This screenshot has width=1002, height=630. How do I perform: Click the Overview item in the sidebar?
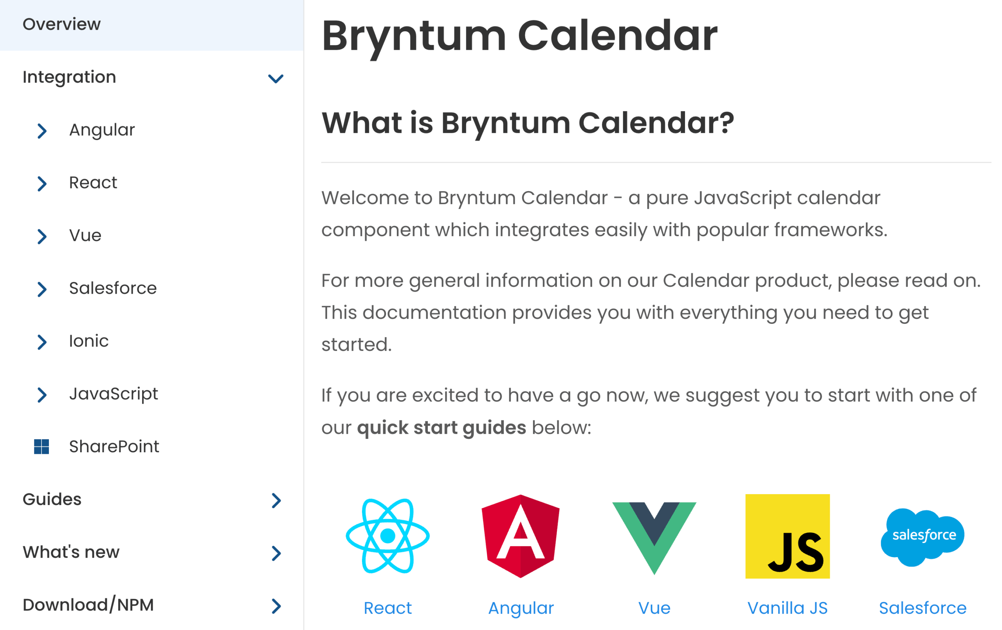coord(61,24)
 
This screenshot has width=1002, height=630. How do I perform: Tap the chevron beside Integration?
coord(276,78)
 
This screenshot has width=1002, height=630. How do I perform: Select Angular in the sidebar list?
coord(102,130)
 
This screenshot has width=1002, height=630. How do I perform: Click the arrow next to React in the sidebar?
coord(41,183)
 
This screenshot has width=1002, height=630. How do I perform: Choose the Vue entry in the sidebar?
coord(85,236)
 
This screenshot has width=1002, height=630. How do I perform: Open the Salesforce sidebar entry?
coord(113,288)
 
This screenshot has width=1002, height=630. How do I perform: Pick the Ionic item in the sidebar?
coord(88,341)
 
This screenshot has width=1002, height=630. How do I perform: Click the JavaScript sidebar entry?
coord(114,394)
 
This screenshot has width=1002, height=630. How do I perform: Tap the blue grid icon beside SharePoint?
coord(41,446)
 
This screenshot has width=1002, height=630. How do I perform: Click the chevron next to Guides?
coord(276,500)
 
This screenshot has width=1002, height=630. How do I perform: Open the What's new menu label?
coord(71,552)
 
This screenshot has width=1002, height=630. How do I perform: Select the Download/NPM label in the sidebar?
coord(88,605)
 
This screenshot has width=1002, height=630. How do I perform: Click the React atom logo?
coord(387,536)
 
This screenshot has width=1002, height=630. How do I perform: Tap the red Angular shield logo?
coord(521,536)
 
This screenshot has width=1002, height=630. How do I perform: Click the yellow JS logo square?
coord(787,536)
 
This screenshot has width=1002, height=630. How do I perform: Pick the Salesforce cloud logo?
coord(923,537)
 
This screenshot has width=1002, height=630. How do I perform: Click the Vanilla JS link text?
coord(787,608)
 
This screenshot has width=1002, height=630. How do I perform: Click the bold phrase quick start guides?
coord(442,428)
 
